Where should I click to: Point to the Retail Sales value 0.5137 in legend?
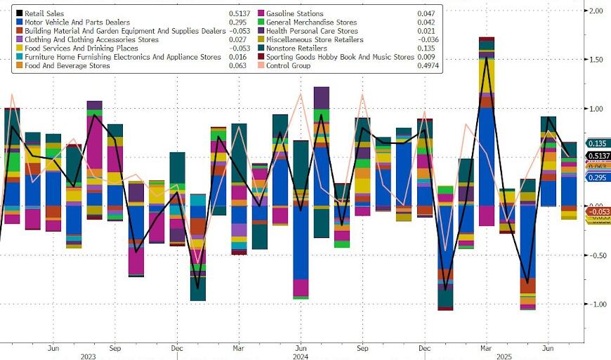(x=239, y=13)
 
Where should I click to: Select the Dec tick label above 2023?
(x=178, y=347)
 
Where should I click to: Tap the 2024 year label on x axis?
(x=300, y=356)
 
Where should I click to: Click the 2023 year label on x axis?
(x=88, y=356)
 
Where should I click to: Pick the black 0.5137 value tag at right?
(x=598, y=156)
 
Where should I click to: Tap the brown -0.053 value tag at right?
(x=598, y=211)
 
